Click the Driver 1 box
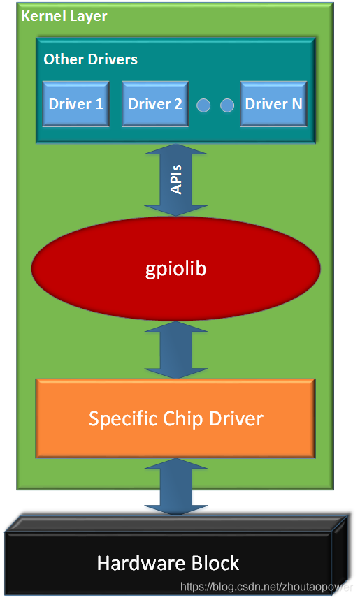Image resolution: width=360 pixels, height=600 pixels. pyautogui.click(x=76, y=104)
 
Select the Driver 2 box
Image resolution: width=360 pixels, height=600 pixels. pyautogui.click(x=155, y=104)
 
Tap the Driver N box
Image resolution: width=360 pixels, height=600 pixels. pyautogui.click(x=273, y=104)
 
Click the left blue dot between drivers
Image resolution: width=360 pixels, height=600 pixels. pyautogui.click(x=203, y=105)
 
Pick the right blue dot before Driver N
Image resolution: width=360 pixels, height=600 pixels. pyautogui.click(x=226, y=105)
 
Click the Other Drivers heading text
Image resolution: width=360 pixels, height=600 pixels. pyautogui.click(x=90, y=59)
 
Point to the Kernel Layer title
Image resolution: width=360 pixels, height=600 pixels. pyautogui.click(x=64, y=15)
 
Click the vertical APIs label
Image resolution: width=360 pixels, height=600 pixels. pyautogui.click(x=176, y=179)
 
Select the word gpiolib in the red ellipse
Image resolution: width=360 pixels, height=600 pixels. pyautogui.click(x=175, y=268)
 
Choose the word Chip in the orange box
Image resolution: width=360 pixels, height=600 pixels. pyautogui.click(x=181, y=418)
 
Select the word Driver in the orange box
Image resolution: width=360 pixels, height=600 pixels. pyautogui.click(x=236, y=418)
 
